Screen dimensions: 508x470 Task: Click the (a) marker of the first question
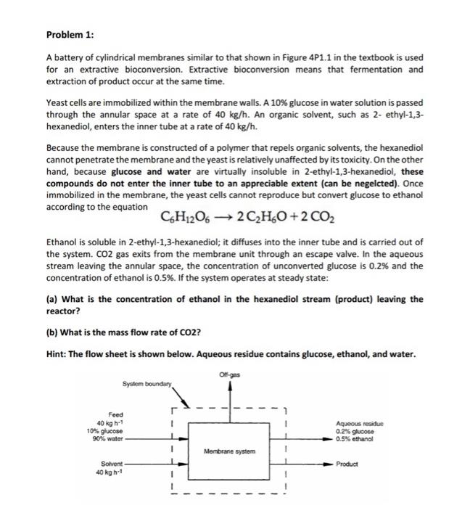click(x=52, y=299)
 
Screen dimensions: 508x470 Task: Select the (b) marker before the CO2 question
click(x=52, y=333)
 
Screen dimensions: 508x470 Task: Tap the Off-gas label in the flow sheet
click(x=228, y=375)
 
